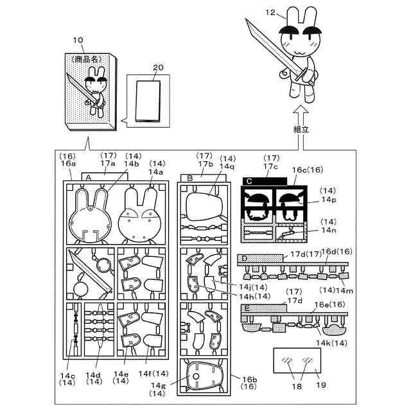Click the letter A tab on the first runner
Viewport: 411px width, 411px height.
[x=87, y=177]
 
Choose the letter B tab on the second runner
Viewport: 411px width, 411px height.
[x=190, y=177]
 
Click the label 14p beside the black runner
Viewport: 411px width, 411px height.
[x=329, y=200]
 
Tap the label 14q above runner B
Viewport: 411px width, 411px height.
[x=228, y=166]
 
